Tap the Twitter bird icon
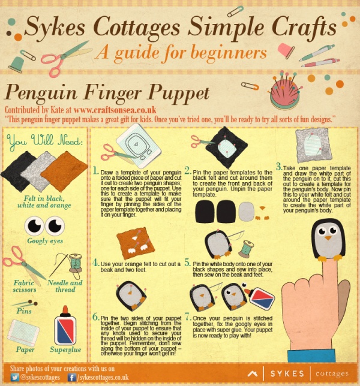pos(15,377)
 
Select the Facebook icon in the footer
pos(72,378)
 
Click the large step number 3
pos(278,167)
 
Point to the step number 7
pos(188,317)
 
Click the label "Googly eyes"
pos(45,241)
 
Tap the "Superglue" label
pos(65,349)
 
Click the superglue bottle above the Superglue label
pos(65,325)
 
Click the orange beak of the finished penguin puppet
pos(328,238)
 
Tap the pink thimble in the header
pos(286,50)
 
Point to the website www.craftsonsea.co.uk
pos(115,110)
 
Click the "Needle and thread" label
pos(65,286)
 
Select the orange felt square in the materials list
pos(65,171)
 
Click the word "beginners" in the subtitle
pos(229,53)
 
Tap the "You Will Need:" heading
pos(44,141)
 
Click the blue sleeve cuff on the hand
pos(311,355)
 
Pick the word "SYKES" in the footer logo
pos(287,373)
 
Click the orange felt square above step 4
pos(135,243)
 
